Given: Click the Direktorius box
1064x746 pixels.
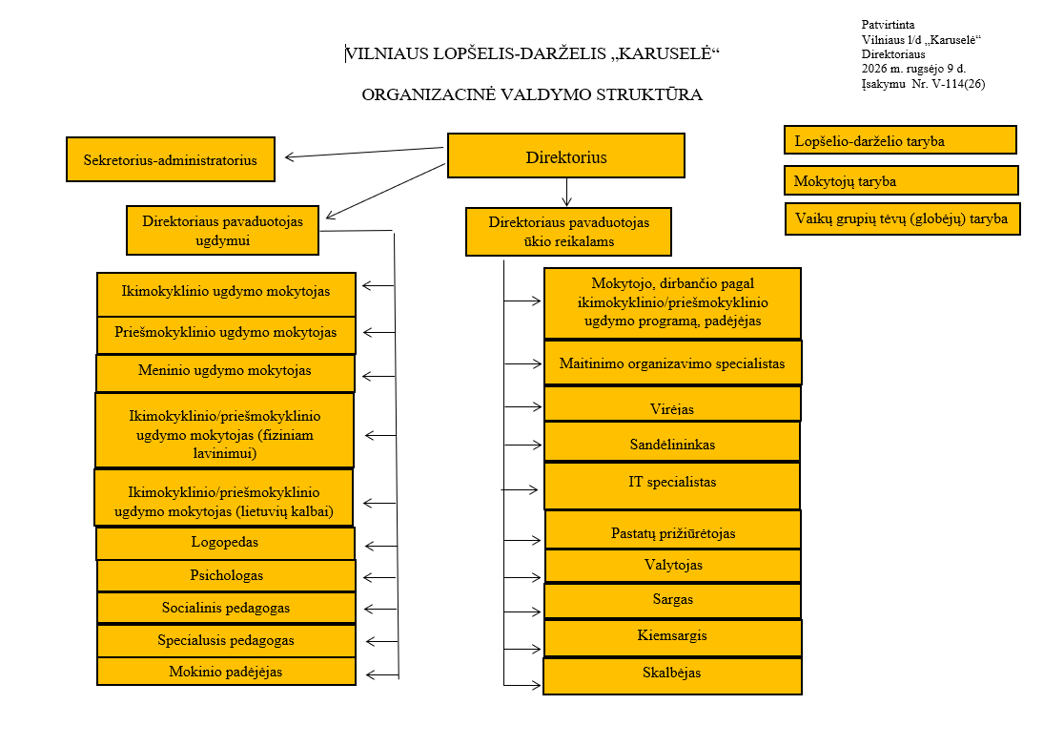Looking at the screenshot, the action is pyautogui.click(x=566, y=155).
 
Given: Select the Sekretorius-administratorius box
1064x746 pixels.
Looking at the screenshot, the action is pyautogui.click(x=171, y=159).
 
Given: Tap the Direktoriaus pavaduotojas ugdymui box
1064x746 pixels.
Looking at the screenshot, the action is pyautogui.click(x=222, y=230).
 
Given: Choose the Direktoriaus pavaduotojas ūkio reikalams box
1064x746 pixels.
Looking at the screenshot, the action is pyautogui.click(x=568, y=232).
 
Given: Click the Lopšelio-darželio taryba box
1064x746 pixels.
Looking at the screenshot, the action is pyautogui.click(x=900, y=140).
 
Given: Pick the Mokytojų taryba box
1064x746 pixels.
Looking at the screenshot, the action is pyautogui.click(x=901, y=180).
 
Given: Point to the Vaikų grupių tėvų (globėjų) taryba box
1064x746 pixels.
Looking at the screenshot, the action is pyautogui.click(x=903, y=218).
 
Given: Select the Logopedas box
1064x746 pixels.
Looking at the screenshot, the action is pyautogui.click(x=225, y=543).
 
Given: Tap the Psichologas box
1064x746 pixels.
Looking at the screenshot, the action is pyautogui.click(x=226, y=575).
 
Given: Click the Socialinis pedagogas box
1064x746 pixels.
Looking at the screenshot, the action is pyautogui.click(x=226, y=608).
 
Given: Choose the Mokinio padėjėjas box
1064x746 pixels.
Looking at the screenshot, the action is pyautogui.click(x=226, y=672).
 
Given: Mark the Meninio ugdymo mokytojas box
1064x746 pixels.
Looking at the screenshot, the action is pyautogui.click(x=225, y=373).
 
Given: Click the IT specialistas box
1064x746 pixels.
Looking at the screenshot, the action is pyautogui.click(x=672, y=486).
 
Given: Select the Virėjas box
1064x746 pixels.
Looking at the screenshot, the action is pyautogui.click(x=672, y=404).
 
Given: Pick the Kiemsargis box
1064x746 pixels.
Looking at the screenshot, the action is pyautogui.click(x=673, y=638).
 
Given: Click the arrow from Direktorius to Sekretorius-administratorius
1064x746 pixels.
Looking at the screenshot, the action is pyautogui.click(x=364, y=152).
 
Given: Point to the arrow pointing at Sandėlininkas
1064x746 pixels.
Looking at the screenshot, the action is pyautogui.click(x=522, y=445).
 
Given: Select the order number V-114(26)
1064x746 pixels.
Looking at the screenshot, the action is pyautogui.click(x=958, y=84).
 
